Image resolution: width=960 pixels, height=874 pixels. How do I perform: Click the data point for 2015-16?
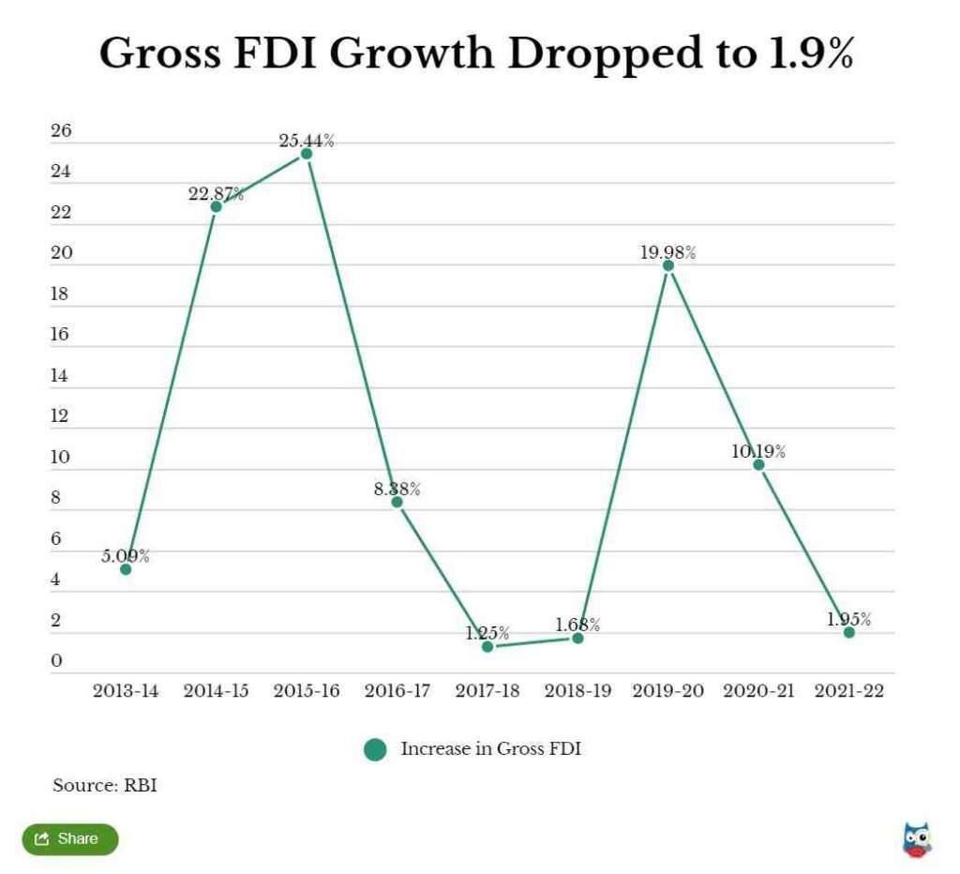(x=307, y=154)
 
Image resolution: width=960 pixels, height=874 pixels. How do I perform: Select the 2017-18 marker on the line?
(x=487, y=647)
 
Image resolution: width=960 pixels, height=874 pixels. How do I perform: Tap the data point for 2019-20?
(x=668, y=265)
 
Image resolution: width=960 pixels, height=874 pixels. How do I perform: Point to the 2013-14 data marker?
(x=126, y=569)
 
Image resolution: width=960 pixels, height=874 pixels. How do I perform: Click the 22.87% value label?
(x=216, y=194)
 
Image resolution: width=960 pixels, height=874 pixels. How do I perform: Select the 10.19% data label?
(x=758, y=452)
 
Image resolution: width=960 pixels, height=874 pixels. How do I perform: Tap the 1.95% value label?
(x=849, y=620)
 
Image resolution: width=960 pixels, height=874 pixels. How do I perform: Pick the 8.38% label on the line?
(x=397, y=490)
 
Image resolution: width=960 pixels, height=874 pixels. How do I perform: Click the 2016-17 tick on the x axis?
(x=397, y=691)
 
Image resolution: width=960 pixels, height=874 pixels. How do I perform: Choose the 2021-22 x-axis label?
(x=849, y=691)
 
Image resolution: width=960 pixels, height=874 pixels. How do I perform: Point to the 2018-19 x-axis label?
(x=577, y=691)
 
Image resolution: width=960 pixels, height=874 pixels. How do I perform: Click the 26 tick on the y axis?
(x=61, y=131)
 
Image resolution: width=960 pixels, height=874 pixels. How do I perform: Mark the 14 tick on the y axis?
(x=61, y=376)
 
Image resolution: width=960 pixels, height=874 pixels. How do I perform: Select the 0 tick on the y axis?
(x=57, y=662)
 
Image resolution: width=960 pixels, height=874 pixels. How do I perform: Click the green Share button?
(x=70, y=838)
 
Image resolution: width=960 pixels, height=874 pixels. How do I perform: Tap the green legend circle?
(x=376, y=749)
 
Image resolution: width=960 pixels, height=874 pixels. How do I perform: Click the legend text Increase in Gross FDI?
(x=491, y=748)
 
